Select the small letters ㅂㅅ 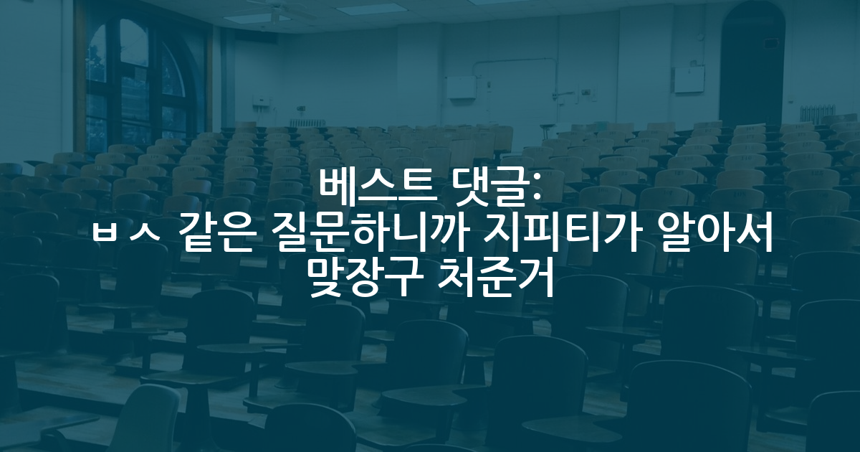coord(126,235)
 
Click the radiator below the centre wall coord(307,123)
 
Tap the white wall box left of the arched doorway coord(689,80)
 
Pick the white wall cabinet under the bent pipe coord(461,88)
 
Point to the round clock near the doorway coord(701,37)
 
